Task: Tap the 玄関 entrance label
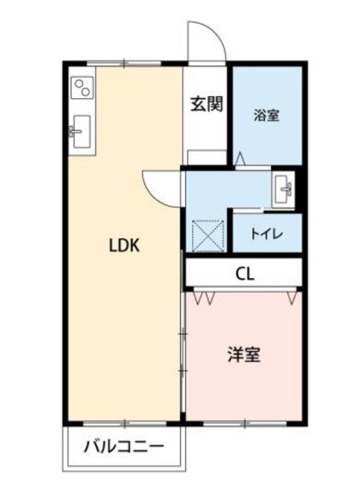point(207,103)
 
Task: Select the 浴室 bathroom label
point(266,116)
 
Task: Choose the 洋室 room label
point(243,355)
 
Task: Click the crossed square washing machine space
point(206,234)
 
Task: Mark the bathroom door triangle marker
point(239,158)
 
